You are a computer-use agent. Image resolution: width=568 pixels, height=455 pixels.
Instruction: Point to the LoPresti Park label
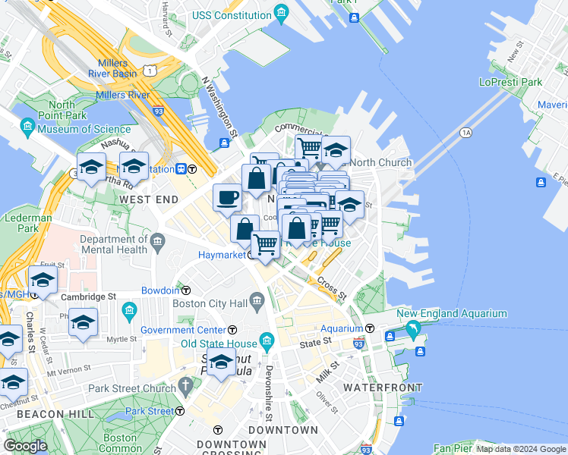(x=510, y=82)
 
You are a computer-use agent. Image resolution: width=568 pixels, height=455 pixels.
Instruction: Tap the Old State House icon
(x=266, y=342)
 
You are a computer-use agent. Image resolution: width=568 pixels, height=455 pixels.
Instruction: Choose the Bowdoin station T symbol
(x=185, y=290)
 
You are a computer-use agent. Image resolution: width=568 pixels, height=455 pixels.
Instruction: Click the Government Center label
(x=184, y=330)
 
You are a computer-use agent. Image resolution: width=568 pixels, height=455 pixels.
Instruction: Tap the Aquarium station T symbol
(x=369, y=328)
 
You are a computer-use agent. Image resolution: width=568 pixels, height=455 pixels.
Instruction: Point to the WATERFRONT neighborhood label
(x=382, y=388)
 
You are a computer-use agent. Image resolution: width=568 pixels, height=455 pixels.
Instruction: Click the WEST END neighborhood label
(x=149, y=199)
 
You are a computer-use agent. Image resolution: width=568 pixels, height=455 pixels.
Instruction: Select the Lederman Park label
(x=24, y=223)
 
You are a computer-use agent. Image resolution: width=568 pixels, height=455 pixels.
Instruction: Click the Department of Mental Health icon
(x=158, y=243)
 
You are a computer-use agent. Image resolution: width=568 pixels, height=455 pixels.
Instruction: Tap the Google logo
(x=25, y=445)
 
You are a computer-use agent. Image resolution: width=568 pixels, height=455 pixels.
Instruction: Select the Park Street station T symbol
(x=180, y=411)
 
